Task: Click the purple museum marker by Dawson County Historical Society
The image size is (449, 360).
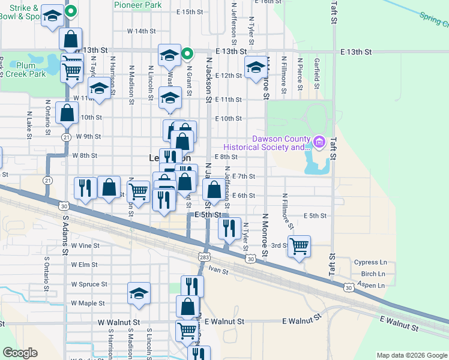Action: coord(319,143)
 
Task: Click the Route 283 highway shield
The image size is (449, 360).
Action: coord(203,257)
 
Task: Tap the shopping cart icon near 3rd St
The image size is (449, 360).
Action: coord(299,245)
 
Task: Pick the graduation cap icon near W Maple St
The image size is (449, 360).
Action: coord(139,294)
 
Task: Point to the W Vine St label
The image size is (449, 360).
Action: coord(85,245)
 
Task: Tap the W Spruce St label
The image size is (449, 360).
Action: coord(89,284)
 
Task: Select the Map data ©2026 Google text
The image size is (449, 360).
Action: coord(412,355)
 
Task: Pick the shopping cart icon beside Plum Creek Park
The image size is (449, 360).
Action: coord(71,70)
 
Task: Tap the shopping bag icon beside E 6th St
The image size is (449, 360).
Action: coord(214,191)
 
